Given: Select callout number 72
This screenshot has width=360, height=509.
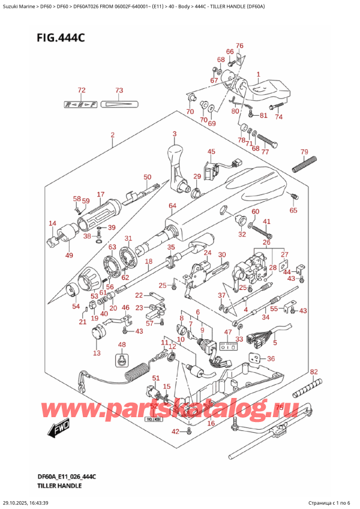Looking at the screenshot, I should [82, 90].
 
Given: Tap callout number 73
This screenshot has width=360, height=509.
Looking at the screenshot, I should [119, 90].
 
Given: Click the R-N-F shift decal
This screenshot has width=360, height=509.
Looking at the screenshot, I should [82, 104].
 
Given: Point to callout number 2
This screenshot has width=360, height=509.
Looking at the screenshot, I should [112, 136].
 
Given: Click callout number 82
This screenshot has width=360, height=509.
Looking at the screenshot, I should [314, 373].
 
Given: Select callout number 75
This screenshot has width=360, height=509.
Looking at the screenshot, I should [279, 406].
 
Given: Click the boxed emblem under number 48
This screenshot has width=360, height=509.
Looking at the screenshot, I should [122, 360].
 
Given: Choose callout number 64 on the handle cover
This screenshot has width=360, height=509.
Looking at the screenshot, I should [172, 207].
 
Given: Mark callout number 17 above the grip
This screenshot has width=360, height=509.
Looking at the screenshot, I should [100, 194].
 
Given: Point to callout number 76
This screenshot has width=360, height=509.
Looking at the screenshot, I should [239, 46].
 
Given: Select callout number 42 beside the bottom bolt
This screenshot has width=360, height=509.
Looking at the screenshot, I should [175, 432].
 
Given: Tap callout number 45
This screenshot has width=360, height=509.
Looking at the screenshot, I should [211, 152].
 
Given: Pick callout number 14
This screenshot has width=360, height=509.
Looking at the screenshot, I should [52, 223].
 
